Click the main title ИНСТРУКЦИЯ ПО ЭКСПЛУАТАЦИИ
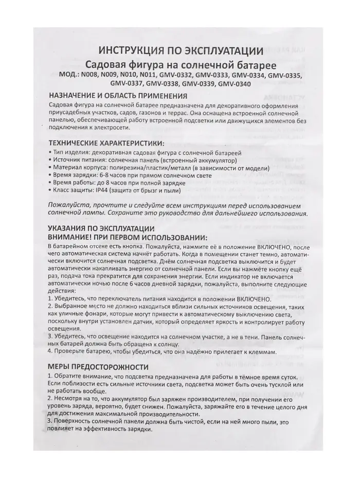click(181, 50)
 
